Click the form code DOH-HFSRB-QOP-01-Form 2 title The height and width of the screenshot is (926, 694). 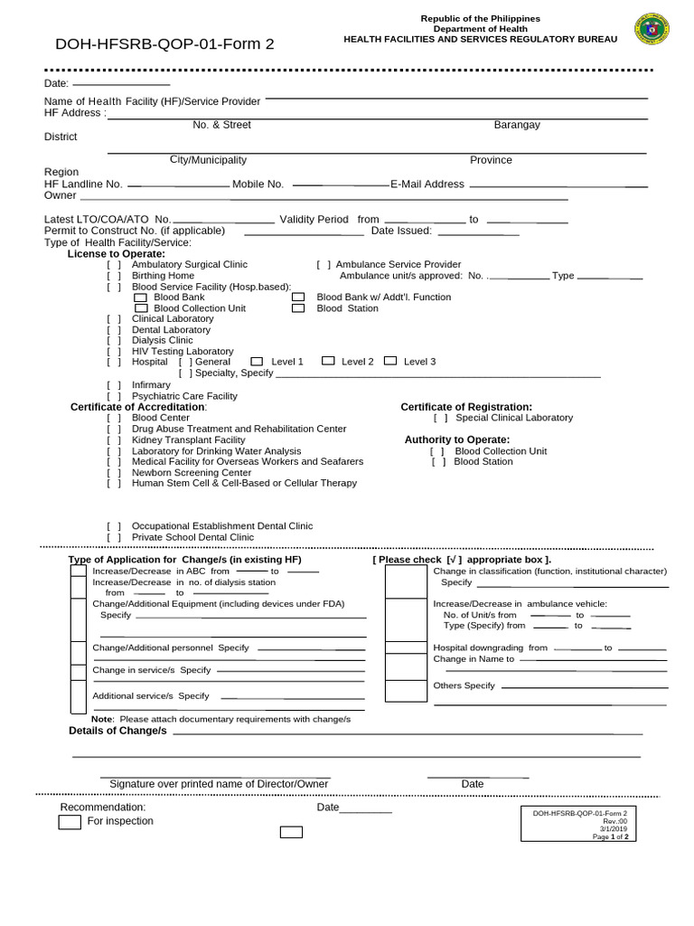tap(164, 43)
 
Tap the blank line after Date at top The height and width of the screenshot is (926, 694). tap(121, 83)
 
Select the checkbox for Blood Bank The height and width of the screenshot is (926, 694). tap(139, 297)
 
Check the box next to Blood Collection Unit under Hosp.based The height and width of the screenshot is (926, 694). tap(139, 308)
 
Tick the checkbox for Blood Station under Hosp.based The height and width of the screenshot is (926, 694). tap(298, 308)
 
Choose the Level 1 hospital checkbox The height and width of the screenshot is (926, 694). tap(257, 361)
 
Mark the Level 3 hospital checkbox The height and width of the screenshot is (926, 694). tap(390, 361)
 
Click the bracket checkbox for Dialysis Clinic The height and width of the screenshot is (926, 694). tap(114, 341)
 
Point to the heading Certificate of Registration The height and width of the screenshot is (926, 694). tap(466, 407)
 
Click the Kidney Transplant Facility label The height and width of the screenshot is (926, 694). tap(188, 440)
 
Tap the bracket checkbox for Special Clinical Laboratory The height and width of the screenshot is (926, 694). tap(441, 418)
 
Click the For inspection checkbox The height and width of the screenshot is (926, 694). tap(70, 822)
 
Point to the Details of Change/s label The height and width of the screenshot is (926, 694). tap(117, 731)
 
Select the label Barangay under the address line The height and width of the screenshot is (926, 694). tap(517, 125)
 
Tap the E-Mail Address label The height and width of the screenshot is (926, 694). tap(427, 184)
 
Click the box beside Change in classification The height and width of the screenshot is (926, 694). tap(406, 582)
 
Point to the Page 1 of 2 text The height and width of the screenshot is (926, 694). tap(615, 837)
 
